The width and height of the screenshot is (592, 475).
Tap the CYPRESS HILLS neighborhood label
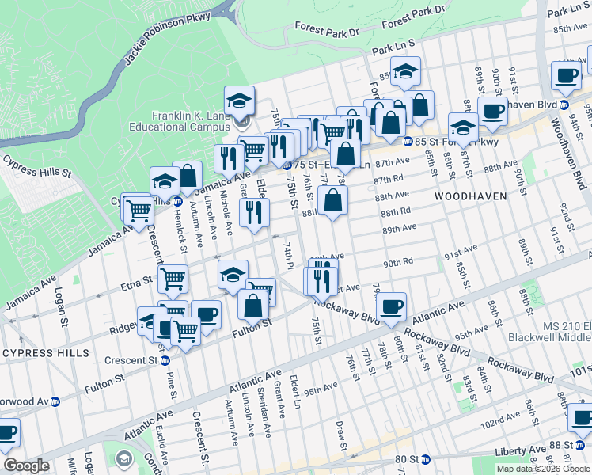pyautogui.click(x=46, y=351)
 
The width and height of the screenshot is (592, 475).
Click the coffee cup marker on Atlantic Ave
pyautogui.click(x=390, y=306)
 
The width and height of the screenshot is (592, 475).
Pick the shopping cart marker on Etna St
pyautogui.click(x=172, y=279)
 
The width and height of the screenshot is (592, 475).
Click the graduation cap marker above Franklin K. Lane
pyautogui.click(x=239, y=101)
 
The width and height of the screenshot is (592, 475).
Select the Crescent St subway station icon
pyautogui.click(x=165, y=361)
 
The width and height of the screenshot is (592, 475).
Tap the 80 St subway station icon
pyautogui.click(x=425, y=459)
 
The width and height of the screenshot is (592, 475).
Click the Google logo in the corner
pyautogui.click(x=26, y=465)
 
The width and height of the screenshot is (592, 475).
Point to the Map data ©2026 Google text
pyautogui.click(x=543, y=469)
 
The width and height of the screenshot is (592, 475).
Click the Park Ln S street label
pyautogui.click(x=393, y=49)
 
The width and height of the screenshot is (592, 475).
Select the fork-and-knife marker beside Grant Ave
pyautogui.click(x=254, y=213)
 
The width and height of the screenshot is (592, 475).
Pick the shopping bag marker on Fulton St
pyautogui.click(x=252, y=305)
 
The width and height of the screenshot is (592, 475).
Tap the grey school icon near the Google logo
pyautogui.click(x=123, y=458)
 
